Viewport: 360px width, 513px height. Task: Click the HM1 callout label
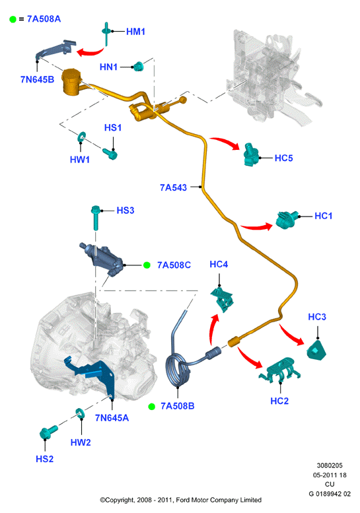[135, 32]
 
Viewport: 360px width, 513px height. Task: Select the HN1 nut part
[139, 67]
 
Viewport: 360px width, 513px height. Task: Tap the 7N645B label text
[37, 79]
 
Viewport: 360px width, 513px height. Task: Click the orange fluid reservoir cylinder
[72, 82]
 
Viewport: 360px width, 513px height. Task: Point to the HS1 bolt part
[110, 153]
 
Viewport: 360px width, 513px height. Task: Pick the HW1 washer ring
[81, 137]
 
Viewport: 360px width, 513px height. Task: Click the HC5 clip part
[251, 154]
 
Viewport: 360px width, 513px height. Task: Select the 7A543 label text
[173, 188]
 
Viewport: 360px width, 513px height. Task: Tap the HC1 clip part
[287, 219]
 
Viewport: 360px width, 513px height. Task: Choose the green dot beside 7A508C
[147, 265]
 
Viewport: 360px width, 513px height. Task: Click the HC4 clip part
[222, 298]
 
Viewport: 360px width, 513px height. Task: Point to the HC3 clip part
[316, 351]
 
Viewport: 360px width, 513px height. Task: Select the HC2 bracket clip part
[280, 370]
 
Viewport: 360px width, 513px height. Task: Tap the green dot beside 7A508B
[151, 406]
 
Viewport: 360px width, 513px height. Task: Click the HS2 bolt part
[48, 432]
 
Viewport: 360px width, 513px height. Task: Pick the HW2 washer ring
[80, 414]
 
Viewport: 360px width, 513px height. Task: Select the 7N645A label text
[112, 418]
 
